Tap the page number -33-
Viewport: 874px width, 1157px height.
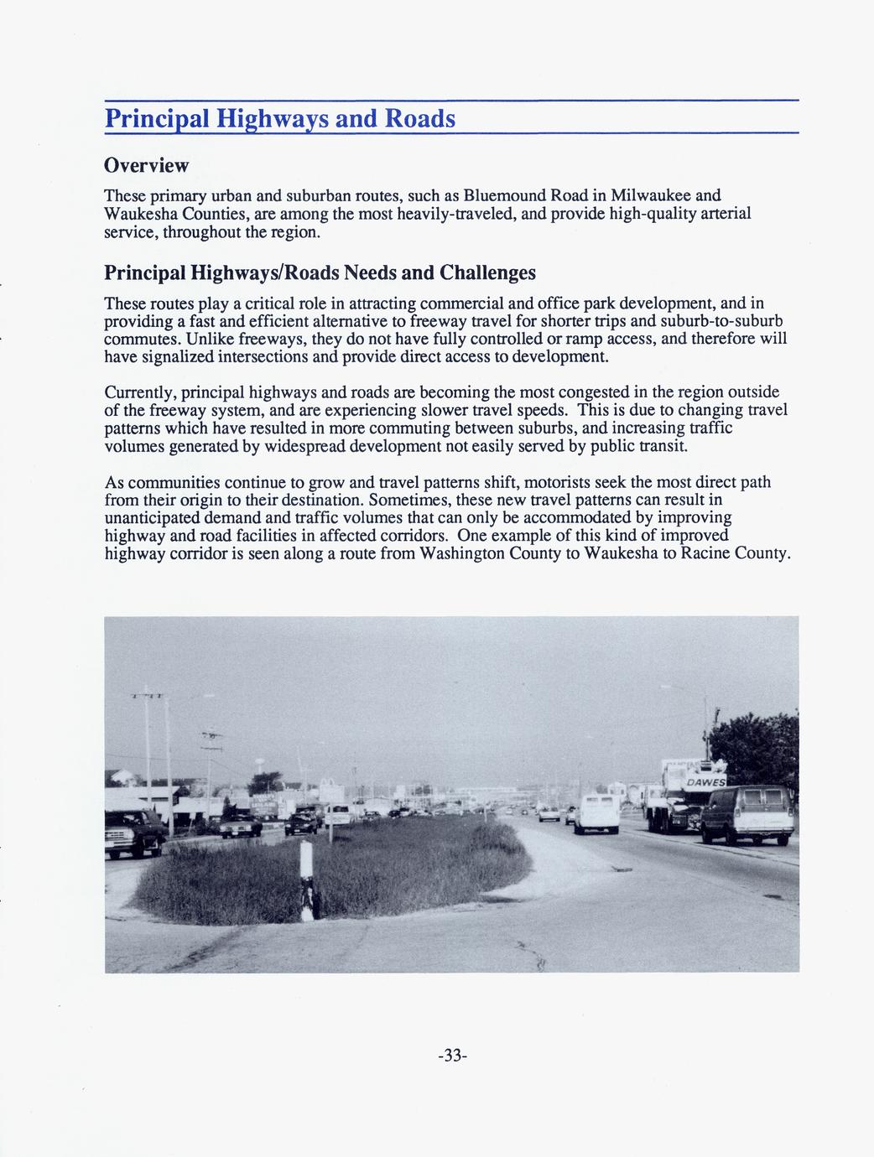[452, 1056]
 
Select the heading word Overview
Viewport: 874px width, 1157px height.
[146, 164]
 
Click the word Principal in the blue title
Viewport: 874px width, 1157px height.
[157, 118]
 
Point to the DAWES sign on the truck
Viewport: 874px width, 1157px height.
[705, 782]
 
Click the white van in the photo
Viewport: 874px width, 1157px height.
[596, 812]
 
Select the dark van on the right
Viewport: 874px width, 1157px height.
[746, 812]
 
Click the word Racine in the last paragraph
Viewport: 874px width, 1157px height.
[706, 553]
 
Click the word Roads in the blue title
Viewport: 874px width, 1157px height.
[419, 118]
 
